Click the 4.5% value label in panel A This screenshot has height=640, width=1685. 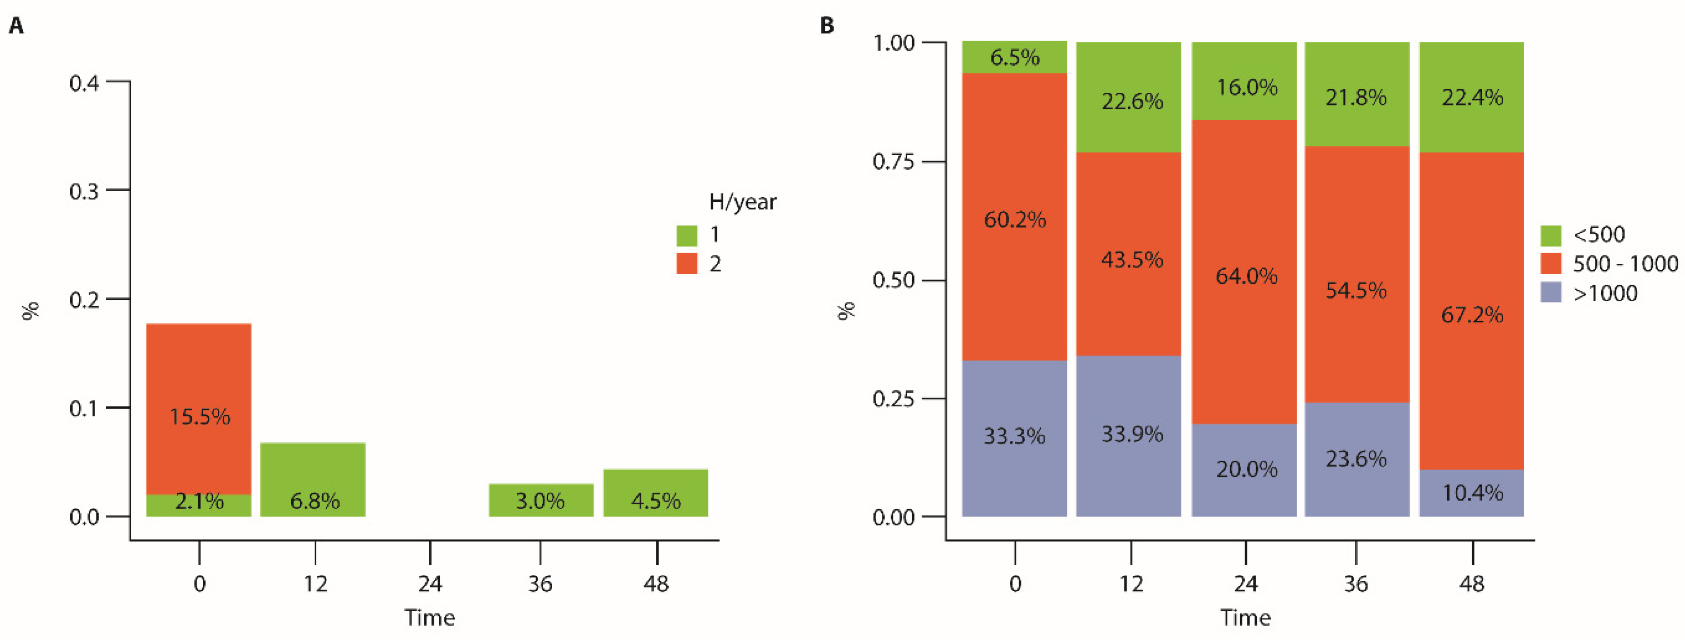655,502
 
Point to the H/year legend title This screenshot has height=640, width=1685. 742,202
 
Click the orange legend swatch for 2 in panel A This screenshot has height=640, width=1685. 687,263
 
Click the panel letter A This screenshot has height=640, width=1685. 16,26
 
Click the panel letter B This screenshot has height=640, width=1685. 827,26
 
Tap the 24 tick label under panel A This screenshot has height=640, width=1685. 430,583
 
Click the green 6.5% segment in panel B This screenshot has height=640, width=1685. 1015,57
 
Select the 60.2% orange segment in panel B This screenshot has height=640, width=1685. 1015,219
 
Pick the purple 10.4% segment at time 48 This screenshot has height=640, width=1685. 1472,492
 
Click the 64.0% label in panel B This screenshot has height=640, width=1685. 1246,276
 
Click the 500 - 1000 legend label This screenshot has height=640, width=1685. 1625,263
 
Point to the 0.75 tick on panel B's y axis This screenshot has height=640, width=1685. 893,161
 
